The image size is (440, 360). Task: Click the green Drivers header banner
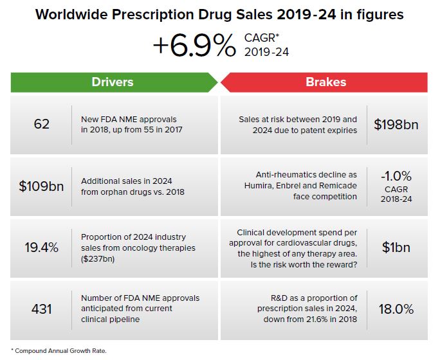[113, 82]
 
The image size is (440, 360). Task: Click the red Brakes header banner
[325, 82]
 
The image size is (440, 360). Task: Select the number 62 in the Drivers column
[41, 125]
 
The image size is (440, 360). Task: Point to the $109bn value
[41, 186]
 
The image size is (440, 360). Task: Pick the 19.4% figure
[41, 248]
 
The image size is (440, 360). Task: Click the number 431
[41, 309]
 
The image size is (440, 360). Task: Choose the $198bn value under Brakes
[396, 125]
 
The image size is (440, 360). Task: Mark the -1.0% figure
[396, 175]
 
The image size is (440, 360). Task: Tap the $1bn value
[396, 248]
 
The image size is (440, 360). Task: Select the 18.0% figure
[396, 309]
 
